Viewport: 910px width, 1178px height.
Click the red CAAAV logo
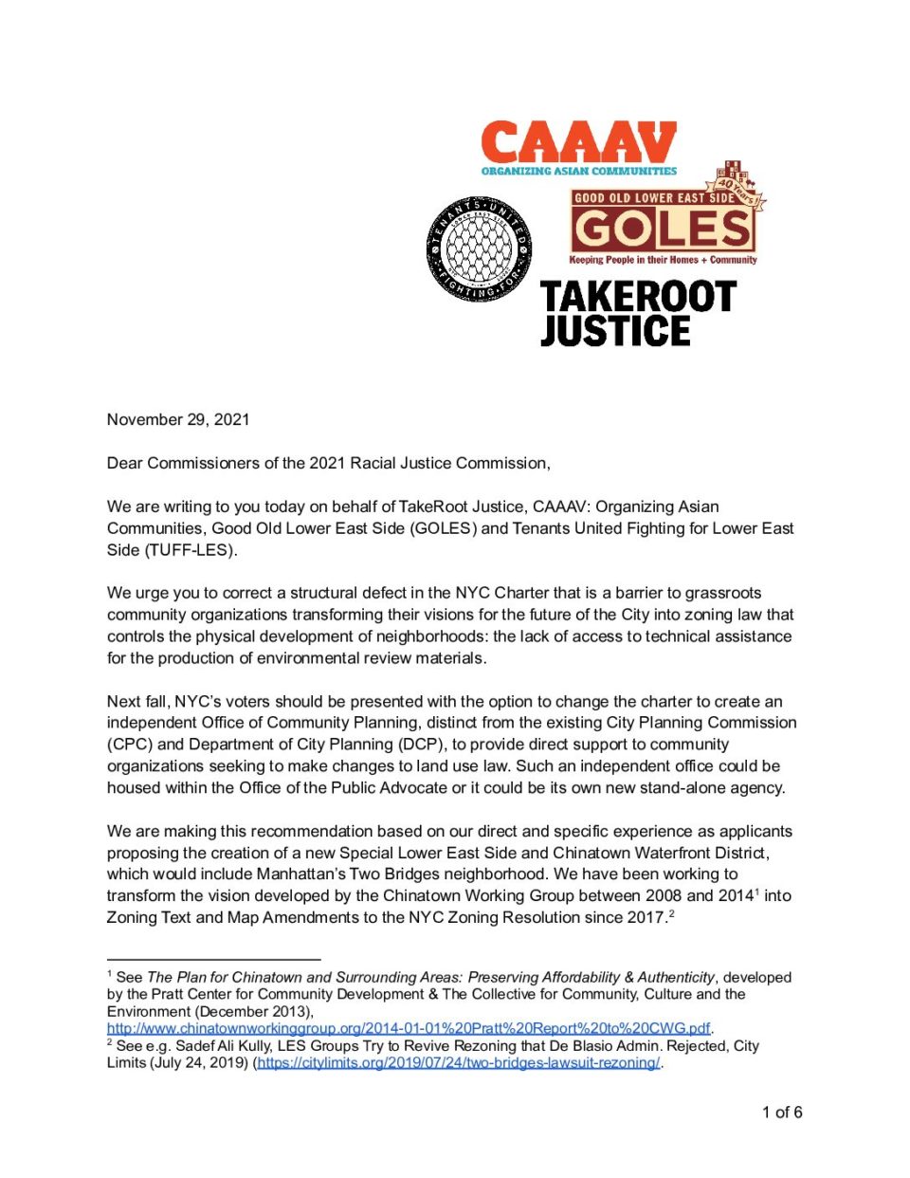(578, 142)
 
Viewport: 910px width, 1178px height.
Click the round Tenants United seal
(479, 250)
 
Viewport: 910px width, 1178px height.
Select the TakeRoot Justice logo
(638, 313)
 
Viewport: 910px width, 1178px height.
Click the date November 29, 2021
(178, 419)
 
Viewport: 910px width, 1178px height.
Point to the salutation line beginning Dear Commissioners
(328, 463)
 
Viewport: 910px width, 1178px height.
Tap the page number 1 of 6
(782, 1113)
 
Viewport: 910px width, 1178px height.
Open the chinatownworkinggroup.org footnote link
(409, 1028)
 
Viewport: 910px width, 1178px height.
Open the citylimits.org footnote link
(459, 1062)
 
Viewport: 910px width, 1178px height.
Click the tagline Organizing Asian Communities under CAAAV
(578, 172)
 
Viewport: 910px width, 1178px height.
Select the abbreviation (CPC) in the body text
(129, 745)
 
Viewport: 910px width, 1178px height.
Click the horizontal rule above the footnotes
(213, 960)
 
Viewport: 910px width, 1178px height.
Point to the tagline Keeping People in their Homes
(663, 260)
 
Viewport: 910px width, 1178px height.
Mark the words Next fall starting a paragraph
(138, 702)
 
